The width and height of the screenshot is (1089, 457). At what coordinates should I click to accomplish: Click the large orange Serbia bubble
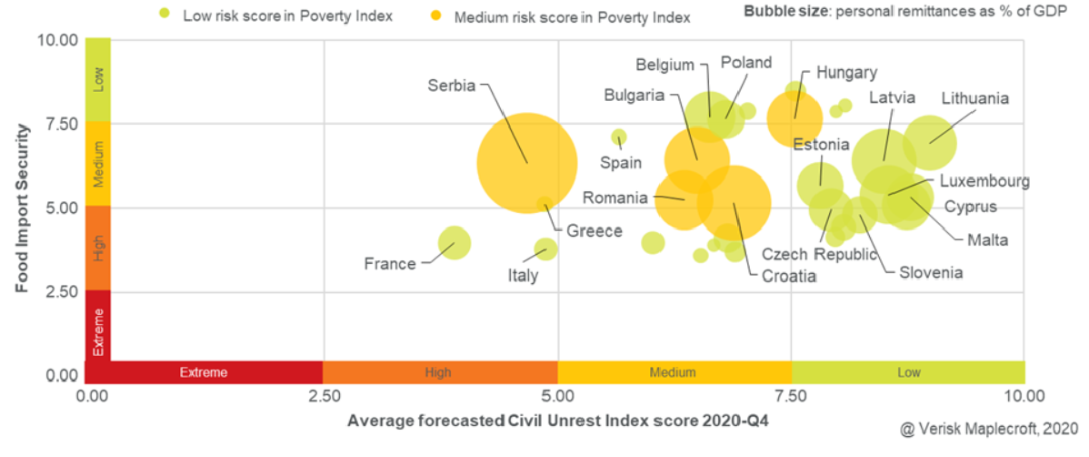[x=527, y=163]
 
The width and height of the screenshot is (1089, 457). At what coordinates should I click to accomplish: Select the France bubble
[x=455, y=242]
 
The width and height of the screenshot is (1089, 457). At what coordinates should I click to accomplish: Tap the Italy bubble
[x=545, y=249]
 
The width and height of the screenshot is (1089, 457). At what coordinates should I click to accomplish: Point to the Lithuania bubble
[x=929, y=141]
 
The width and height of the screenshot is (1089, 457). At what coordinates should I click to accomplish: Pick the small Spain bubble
[x=619, y=137]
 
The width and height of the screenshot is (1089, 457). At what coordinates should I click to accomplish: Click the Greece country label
[x=594, y=231]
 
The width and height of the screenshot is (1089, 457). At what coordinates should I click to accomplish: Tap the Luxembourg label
[x=984, y=181]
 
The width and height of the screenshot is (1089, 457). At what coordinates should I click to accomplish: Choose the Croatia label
[x=788, y=277]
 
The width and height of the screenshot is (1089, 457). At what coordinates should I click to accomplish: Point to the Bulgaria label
[x=634, y=96]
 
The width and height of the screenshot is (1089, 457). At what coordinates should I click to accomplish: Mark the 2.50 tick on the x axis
[x=324, y=397]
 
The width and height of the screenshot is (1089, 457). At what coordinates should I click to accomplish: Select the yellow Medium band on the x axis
[x=673, y=372]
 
